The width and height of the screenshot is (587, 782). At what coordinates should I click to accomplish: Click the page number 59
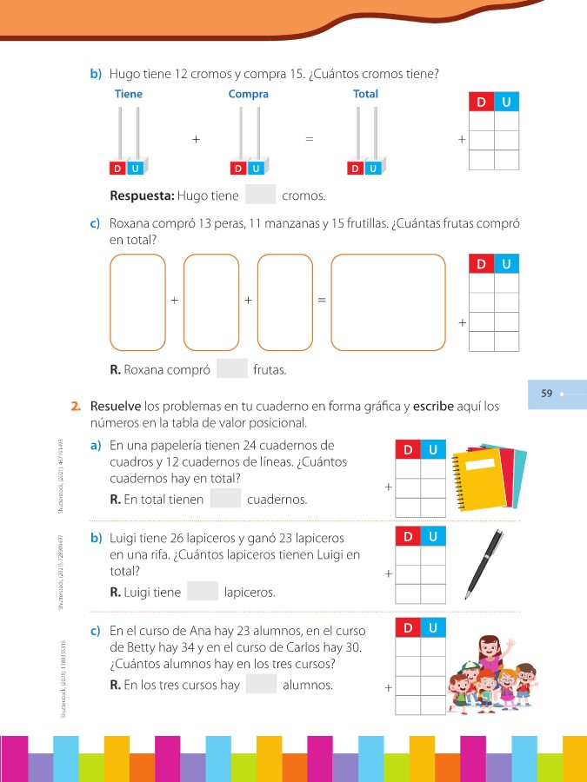pos(547,394)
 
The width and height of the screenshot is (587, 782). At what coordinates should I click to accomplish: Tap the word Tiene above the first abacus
pos(129,94)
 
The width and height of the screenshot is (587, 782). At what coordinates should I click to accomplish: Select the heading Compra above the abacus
pos(249,94)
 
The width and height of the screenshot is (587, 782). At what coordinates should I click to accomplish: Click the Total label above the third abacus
pos(365,94)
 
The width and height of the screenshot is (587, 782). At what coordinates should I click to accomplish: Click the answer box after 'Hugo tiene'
pos(261,195)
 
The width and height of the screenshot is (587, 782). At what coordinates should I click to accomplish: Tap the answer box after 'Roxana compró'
pos(232,369)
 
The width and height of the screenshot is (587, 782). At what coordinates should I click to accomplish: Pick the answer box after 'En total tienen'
pos(225,500)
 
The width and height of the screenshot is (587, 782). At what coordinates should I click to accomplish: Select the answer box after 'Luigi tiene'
pos(203,593)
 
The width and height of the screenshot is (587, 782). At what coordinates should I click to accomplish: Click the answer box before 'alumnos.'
pos(261,685)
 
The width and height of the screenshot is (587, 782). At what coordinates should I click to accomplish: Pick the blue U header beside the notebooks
pos(433,449)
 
